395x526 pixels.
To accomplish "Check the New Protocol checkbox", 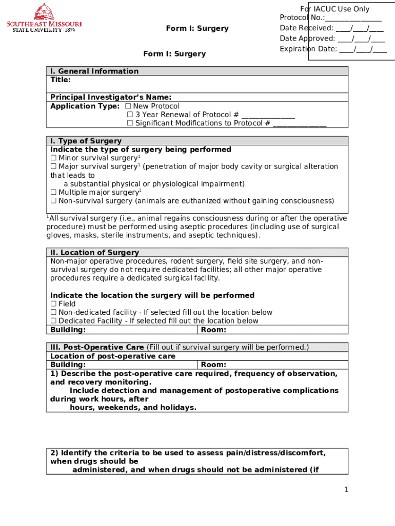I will [128, 106].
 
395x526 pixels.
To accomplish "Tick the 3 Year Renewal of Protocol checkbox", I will [130, 115].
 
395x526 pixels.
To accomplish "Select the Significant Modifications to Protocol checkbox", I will [130, 123].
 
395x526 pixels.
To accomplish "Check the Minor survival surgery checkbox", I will [53, 158].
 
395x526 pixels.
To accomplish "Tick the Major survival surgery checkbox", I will [53, 166].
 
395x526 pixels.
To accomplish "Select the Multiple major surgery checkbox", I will [53, 193].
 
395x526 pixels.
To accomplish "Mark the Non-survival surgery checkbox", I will [53, 201].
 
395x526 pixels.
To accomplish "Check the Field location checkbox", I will [53, 304].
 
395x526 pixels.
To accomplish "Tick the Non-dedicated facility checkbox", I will [53, 312].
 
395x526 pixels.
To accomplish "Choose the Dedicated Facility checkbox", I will [53, 321].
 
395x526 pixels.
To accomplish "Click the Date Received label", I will [306, 28].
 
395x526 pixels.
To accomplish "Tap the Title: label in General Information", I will [61, 80].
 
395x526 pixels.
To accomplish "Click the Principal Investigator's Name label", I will [111, 98].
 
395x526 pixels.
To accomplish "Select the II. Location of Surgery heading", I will [94, 253].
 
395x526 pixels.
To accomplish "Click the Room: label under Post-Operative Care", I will [213, 365].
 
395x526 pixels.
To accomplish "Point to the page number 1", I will [346, 490].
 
